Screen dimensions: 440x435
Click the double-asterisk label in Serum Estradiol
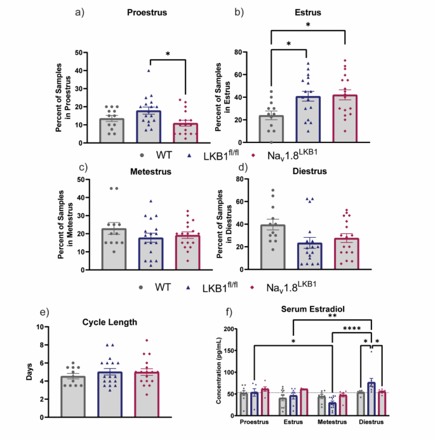coord(332,315)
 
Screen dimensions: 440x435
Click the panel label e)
coord(43,312)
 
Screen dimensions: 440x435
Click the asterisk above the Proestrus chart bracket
coord(168,53)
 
